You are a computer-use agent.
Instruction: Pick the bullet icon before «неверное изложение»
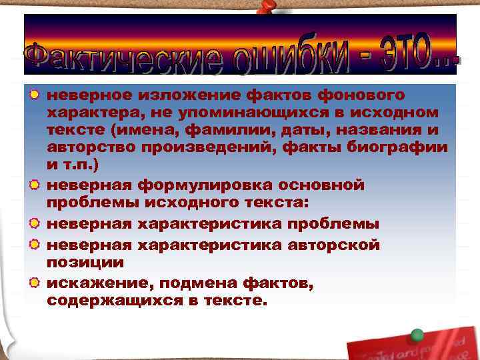pyautogui.click(x=33, y=95)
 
